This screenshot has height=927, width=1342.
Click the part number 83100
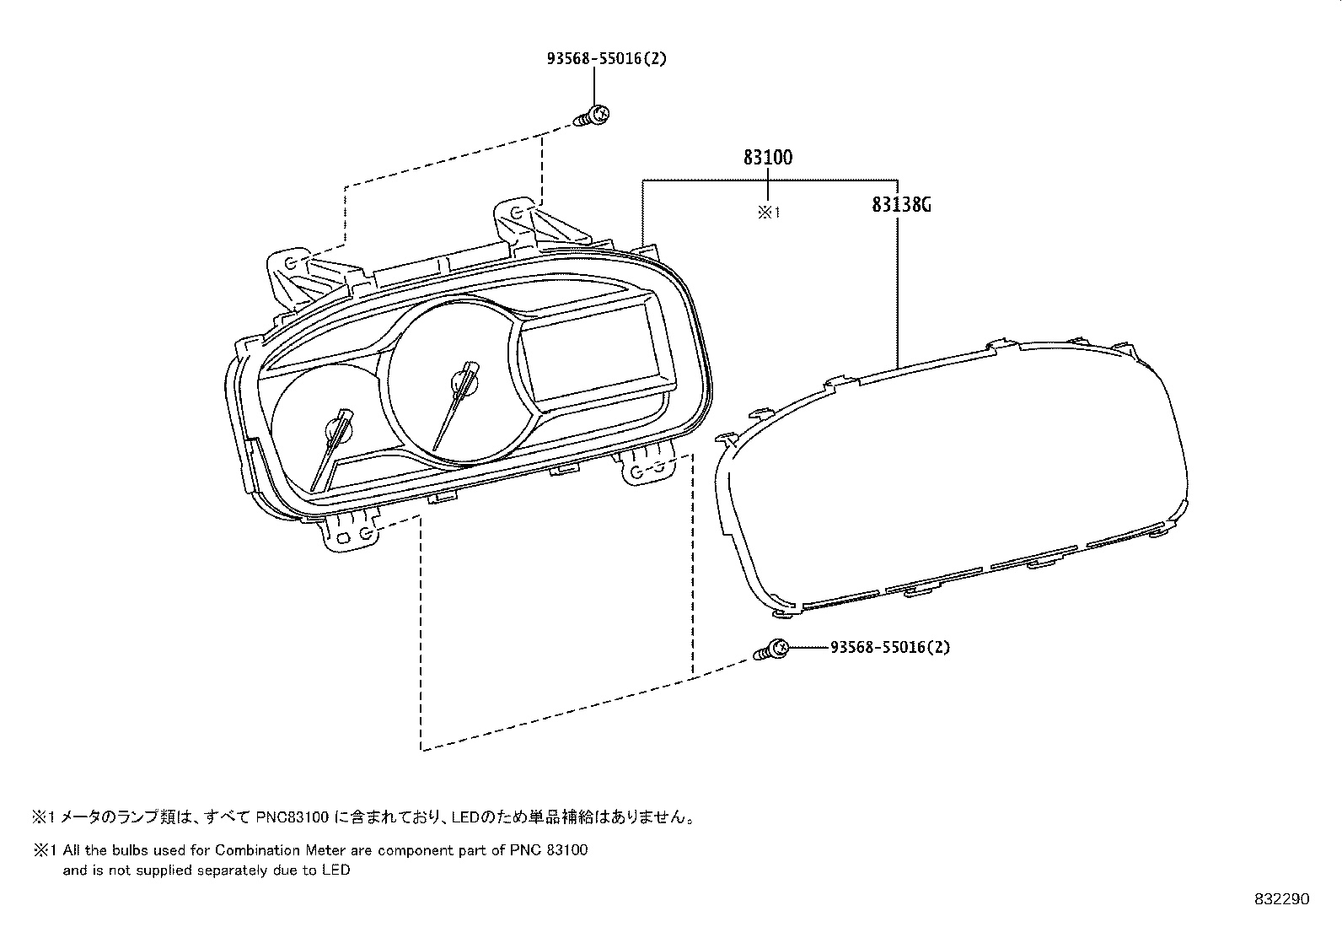[x=767, y=157]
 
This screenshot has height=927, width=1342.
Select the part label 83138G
[x=900, y=205]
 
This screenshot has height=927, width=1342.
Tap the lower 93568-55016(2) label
[x=889, y=647]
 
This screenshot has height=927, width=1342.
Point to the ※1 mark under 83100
[x=768, y=213]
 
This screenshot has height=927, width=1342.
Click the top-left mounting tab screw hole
[x=291, y=264]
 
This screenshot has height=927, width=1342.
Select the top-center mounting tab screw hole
[x=518, y=212]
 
